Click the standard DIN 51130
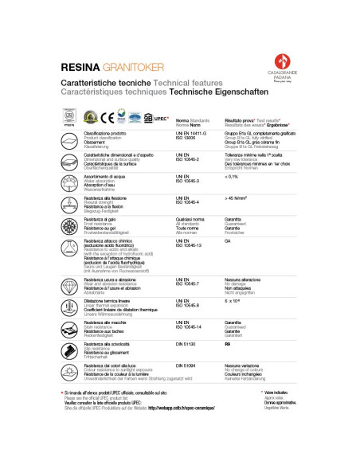(x=186, y=345)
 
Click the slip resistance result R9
(x=228, y=345)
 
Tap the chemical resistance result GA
(x=228, y=240)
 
